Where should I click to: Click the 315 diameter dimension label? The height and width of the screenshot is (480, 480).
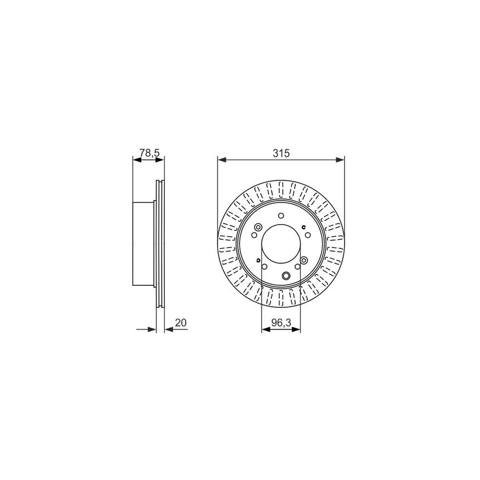tap(281, 153)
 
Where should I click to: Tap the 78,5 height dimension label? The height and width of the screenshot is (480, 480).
tap(149, 153)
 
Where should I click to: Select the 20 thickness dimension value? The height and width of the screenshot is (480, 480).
tap(180, 323)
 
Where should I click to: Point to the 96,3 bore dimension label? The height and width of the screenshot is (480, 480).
tap(281, 323)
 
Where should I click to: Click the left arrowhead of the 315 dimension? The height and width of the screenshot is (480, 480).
tap(221, 159)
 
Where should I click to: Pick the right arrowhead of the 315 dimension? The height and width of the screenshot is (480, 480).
tap(341, 159)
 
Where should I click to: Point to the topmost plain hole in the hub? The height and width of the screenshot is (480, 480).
tap(281, 216)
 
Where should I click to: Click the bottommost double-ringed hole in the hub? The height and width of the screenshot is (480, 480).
tap(286, 276)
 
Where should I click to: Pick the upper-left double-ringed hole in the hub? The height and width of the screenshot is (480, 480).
tap(258, 228)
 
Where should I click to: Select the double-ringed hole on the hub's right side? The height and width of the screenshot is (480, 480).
tap(304, 260)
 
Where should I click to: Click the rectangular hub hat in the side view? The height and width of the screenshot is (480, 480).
tap(143, 243)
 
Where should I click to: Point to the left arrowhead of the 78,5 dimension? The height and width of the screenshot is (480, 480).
tap(135, 159)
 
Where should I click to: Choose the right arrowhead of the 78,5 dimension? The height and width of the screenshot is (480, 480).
tap(162, 159)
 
